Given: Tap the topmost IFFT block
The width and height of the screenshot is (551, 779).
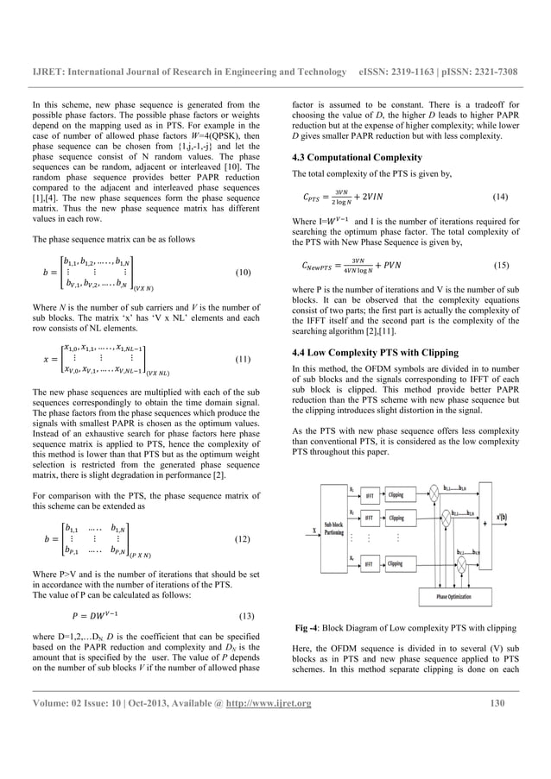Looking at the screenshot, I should coord(368,495).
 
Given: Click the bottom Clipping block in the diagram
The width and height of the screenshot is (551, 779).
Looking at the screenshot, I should coord(396,563).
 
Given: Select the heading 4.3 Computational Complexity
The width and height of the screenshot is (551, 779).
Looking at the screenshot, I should coord(345,158).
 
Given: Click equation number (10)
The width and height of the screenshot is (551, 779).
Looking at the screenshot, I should coord(244,273).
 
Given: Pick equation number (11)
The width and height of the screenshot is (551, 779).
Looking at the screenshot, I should coord(244,357).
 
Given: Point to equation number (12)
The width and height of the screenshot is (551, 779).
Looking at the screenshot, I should coord(244,538).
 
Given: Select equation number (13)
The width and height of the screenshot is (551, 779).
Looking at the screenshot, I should coord(244,617).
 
